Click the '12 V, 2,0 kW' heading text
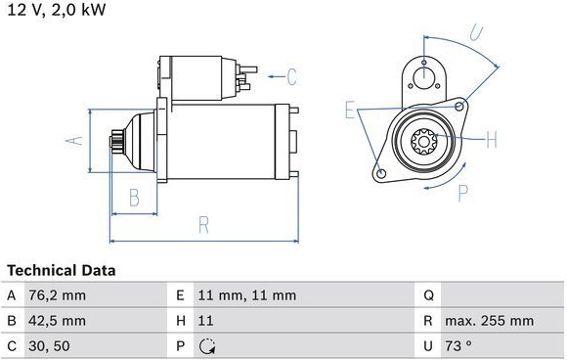pos(57,10)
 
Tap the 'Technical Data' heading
pos(62,270)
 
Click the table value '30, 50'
pos(49,346)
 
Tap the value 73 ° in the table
pos(458,346)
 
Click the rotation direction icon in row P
pos(207,346)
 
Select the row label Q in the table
pos(428,295)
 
